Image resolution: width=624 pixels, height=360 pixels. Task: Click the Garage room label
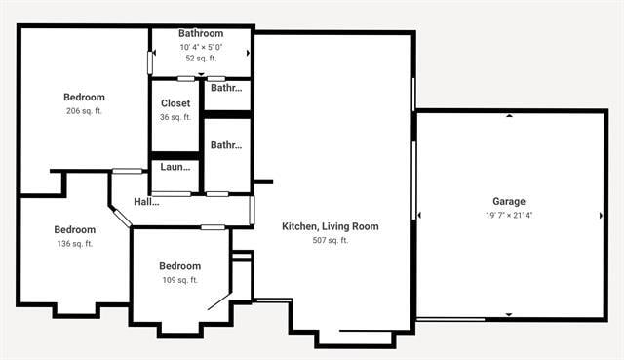pos(508,201)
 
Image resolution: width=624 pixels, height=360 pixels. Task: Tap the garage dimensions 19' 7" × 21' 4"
pos(508,215)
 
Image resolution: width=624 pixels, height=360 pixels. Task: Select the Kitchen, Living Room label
pos(331,226)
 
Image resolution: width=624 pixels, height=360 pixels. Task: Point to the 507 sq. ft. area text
pos(331,240)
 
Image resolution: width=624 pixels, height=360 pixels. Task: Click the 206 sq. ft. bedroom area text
pos(84,111)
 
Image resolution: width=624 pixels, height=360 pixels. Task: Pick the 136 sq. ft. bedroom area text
pos(74,244)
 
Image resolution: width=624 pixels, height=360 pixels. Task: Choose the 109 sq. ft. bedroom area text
pos(179,280)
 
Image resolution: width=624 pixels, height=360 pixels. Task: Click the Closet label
pos(175,103)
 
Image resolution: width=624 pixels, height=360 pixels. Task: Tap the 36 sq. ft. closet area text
pos(175,117)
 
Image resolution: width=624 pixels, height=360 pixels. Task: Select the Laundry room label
pos(175,167)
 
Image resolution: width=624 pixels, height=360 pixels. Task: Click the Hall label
pos(146,202)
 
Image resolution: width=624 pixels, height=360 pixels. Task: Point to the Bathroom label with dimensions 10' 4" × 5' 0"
pos(201,33)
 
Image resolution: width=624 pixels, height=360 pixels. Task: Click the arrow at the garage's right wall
pos(601,215)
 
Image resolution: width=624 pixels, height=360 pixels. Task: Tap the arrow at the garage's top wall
pos(509,116)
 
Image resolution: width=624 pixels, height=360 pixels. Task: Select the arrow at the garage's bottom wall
pos(509,314)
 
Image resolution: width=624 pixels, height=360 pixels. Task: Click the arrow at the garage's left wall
pos(419,215)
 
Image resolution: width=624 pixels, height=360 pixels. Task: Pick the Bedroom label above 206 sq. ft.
pos(84,97)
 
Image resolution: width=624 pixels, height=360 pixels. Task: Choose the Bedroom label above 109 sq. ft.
pos(179,266)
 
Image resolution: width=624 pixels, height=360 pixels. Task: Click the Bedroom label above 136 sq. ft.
pos(74,230)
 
